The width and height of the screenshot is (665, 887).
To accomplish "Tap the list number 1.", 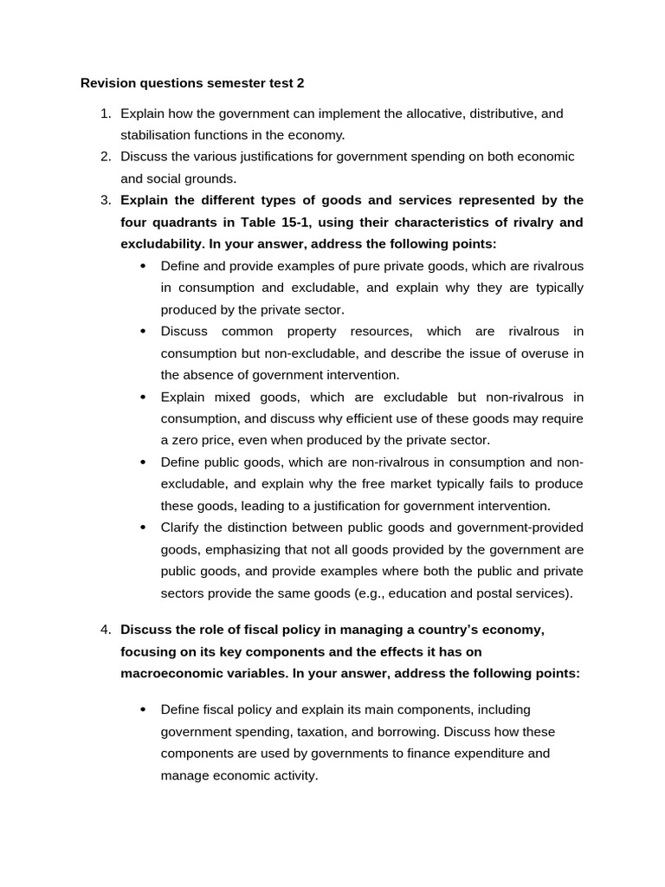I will (105, 113).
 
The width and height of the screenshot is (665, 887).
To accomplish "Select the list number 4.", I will (105, 630).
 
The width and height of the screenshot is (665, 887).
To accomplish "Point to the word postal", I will (496, 593).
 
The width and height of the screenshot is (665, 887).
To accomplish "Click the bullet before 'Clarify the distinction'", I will (143, 528).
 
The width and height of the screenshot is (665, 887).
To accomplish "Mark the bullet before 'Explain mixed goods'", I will (143, 397).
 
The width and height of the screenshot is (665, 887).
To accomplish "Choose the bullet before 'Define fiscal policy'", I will (143, 709).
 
